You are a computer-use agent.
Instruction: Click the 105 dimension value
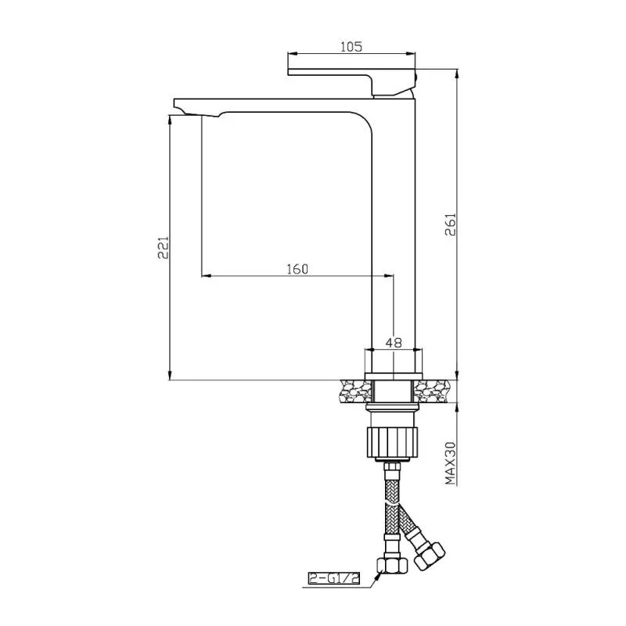[351, 47]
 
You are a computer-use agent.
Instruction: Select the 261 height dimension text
[451, 225]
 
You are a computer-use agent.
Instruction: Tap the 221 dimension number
[163, 248]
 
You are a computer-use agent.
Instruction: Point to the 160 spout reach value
[298, 269]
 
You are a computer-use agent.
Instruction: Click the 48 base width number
[394, 343]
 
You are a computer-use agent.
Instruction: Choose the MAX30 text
[451, 463]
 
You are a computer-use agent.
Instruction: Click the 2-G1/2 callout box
[334, 578]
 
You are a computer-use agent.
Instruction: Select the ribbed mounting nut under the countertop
[392, 442]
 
